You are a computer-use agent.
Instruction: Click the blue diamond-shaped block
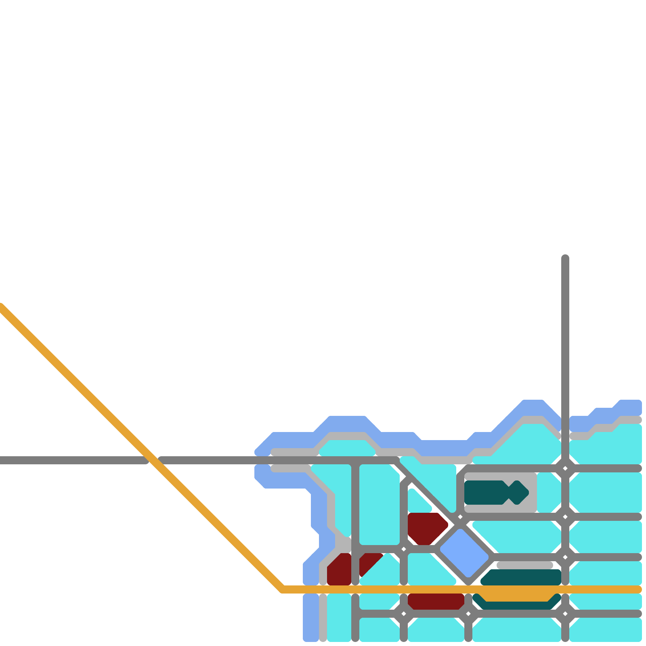point(464,553)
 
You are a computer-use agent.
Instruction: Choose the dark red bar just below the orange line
point(436,601)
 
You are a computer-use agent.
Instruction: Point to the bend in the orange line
point(283,589)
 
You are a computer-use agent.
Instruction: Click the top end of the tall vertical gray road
point(565,258)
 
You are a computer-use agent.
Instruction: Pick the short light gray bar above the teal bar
point(525,565)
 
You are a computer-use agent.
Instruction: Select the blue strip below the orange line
point(311,618)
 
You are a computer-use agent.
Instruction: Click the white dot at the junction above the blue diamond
point(460,517)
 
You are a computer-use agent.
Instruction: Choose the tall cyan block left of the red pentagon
point(380,505)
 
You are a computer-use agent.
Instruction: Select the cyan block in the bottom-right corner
point(606,630)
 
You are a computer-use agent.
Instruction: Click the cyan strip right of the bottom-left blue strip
point(339,618)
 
